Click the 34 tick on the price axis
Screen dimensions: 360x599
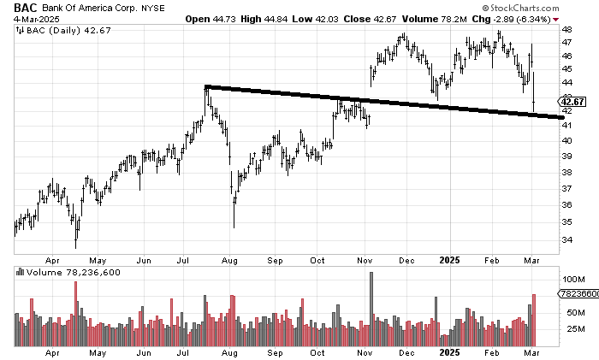(566, 240)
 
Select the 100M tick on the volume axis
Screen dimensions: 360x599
(572, 280)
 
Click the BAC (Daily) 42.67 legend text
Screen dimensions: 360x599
(54, 32)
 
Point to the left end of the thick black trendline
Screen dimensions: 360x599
(206, 86)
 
